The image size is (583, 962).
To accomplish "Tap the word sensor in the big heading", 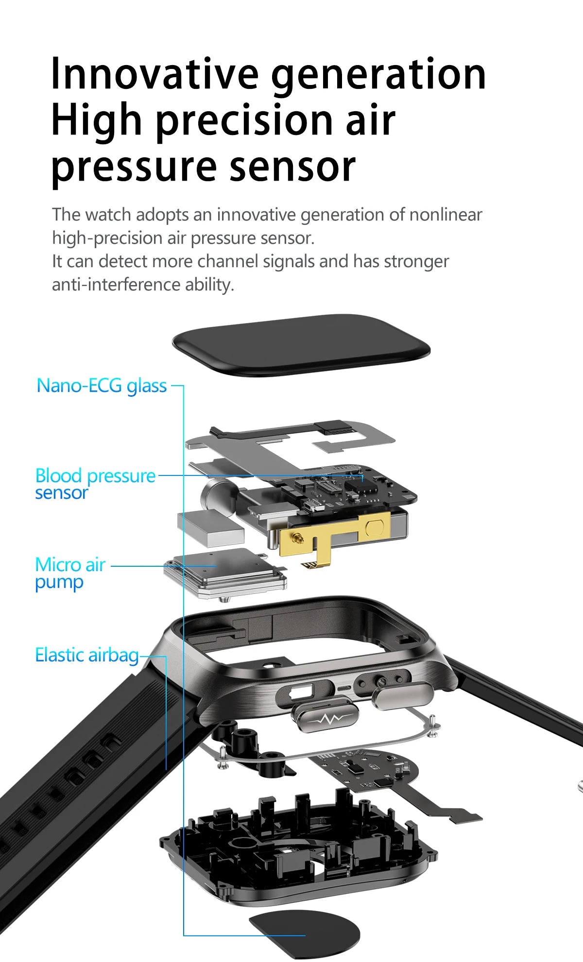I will (292, 167).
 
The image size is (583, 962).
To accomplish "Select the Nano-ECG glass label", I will (102, 386).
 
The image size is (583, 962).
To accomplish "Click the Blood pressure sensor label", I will (95, 484).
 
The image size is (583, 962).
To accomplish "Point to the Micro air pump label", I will (70, 573).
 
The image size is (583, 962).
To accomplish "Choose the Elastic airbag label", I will (87, 655).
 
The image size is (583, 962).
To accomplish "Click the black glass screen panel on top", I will (301, 344).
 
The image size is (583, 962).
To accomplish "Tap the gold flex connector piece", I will (330, 534).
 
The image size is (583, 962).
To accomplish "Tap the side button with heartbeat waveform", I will (324, 719).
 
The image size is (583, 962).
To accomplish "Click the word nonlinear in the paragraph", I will (445, 215).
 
